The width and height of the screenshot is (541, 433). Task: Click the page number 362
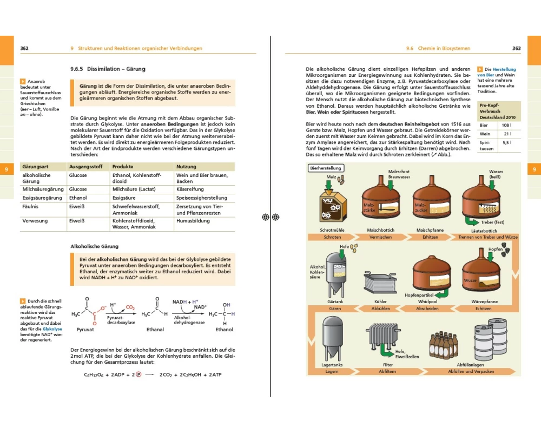tap(24, 48)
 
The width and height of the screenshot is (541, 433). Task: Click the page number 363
tap(516, 48)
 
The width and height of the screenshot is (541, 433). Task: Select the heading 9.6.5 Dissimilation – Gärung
tap(108, 69)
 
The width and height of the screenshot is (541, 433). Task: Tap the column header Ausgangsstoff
tap(85, 167)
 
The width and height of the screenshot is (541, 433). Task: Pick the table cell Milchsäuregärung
tap(43, 189)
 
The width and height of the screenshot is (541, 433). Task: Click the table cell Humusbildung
tap(193, 221)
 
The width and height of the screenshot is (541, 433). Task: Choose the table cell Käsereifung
tap(190, 189)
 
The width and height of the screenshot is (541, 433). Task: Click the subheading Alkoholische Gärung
tap(95, 246)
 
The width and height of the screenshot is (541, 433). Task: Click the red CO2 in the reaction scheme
tap(130, 307)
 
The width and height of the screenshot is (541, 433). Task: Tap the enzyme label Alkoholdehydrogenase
tap(189, 320)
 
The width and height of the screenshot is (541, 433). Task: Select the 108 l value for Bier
tap(507, 125)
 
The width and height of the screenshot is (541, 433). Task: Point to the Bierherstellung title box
tap(325, 168)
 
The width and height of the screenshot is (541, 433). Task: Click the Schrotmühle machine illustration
tap(332, 204)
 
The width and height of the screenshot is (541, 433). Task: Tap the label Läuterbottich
tap(484, 230)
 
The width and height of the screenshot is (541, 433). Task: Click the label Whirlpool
tap(427, 301)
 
